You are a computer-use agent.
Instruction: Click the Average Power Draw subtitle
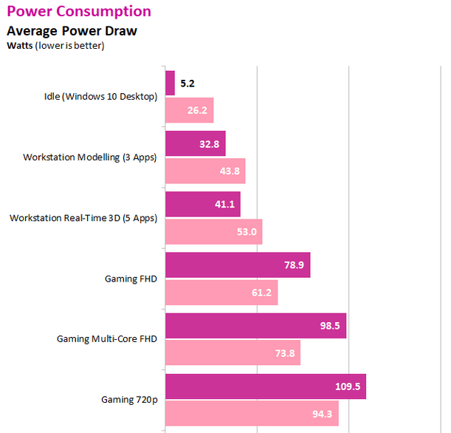tap(72, 32)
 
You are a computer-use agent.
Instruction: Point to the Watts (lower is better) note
tap(55, 46)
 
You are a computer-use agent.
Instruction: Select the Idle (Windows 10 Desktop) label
tap(100, 97)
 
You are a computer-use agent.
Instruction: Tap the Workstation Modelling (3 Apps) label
tap(90, 157)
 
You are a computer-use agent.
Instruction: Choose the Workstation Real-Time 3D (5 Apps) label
tap(83, 218)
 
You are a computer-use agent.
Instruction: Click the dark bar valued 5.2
tap(170, 83)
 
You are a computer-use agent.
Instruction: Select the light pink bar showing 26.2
tap(189, 111)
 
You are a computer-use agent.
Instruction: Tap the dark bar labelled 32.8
tap(196, 144)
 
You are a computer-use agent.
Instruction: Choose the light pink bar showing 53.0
tap(214, 232)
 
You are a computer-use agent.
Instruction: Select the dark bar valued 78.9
tap(238, 265)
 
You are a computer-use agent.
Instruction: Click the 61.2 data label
tap(263, 293)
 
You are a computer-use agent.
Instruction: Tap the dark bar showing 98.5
tap(256, 326)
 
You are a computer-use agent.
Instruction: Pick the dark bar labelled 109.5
tap(266, 386)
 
